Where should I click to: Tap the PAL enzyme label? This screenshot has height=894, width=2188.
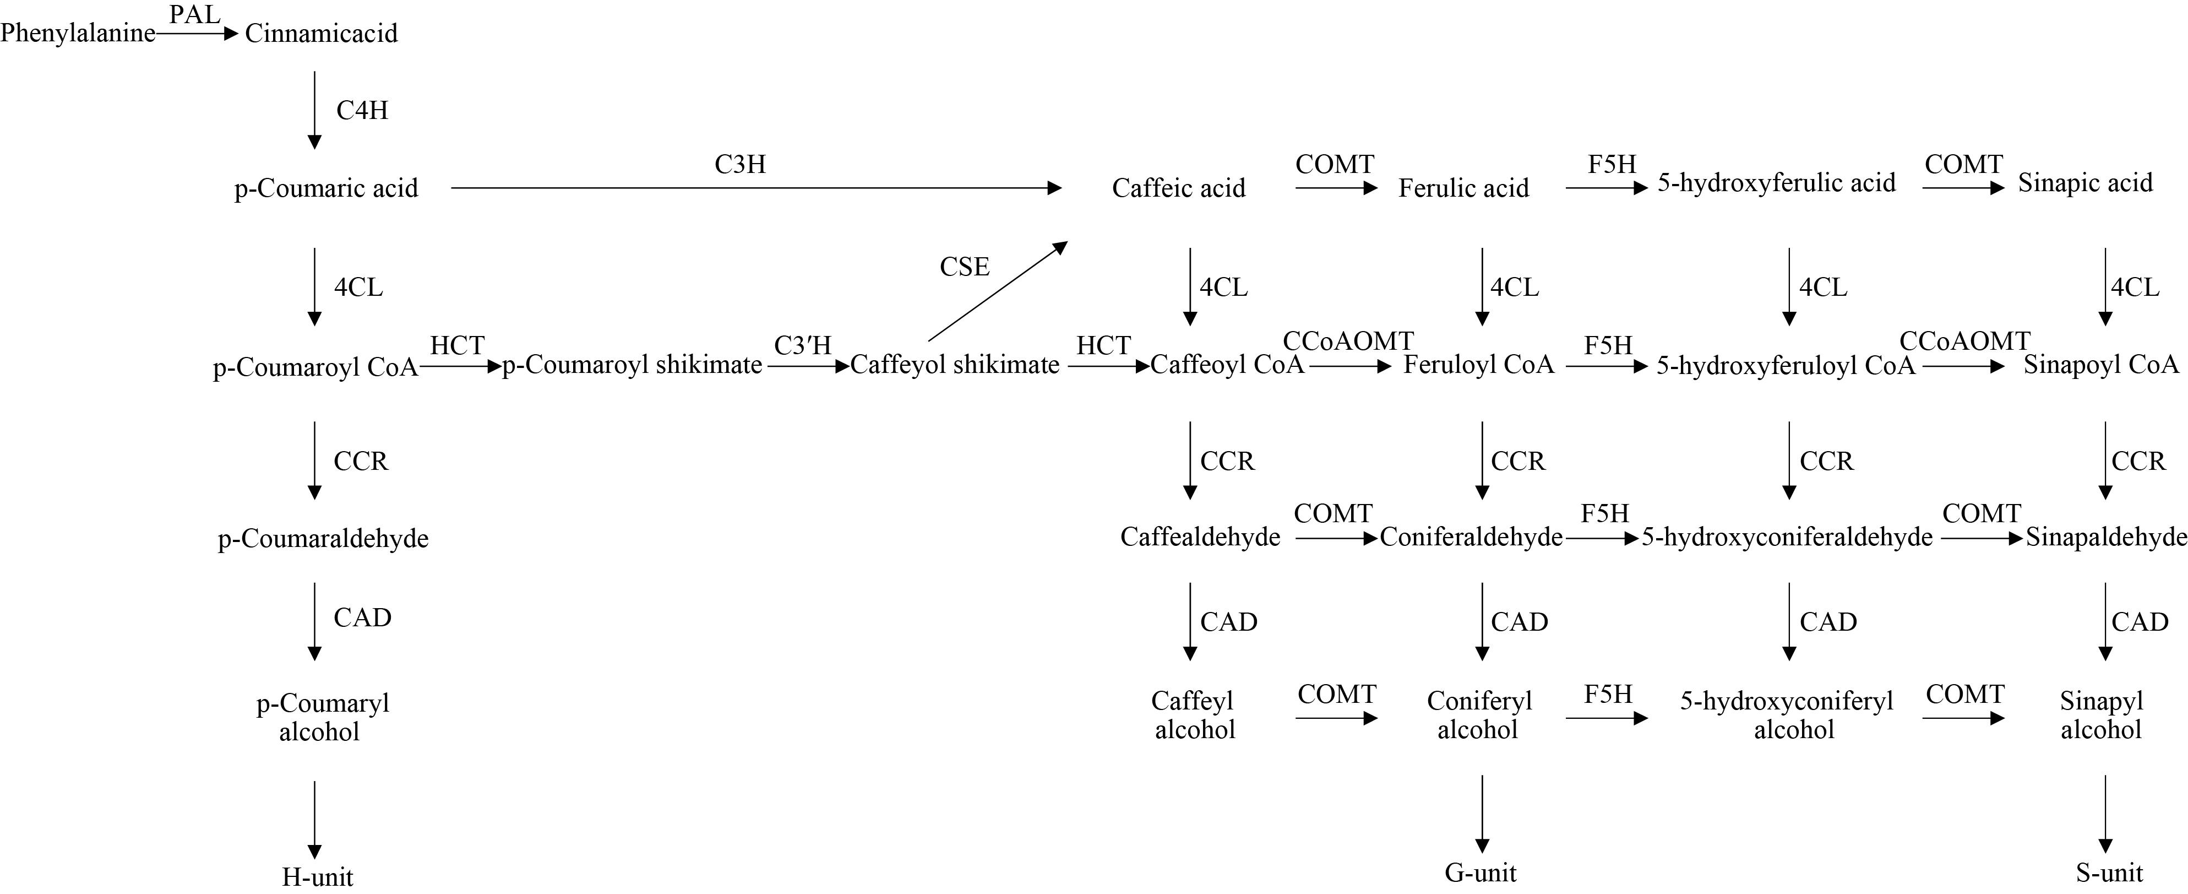[194, 14]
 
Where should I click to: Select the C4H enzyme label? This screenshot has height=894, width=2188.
[362, 111]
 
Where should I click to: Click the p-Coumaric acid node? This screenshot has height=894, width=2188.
[326, 188]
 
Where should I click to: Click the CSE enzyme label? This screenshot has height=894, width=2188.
[964, 267]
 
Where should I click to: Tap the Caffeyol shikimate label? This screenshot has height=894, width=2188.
[955, 365]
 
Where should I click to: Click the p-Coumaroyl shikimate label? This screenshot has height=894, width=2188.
[633, 365]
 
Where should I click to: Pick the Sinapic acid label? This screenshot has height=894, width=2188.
[2085, 183]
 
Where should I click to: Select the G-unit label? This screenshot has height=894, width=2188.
[1481, 873]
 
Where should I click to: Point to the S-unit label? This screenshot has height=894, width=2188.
[2109, 873]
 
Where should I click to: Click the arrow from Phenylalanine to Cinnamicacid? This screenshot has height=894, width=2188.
[197, 34]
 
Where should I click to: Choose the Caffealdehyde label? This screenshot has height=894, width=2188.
[1199, 537]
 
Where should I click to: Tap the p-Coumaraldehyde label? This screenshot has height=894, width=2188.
[323, 539]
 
